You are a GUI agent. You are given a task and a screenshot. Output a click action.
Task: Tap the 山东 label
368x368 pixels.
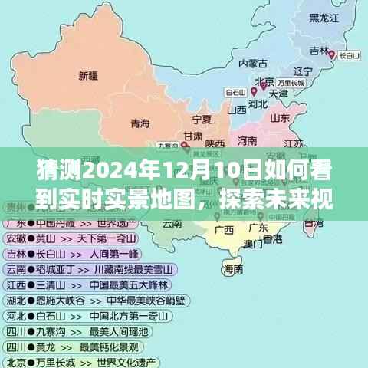click(x=280, y=118)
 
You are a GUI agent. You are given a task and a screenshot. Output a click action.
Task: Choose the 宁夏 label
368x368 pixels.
click(x=202, y=119)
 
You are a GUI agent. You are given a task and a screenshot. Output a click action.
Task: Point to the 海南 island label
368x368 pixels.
click(x=233, y=270)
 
